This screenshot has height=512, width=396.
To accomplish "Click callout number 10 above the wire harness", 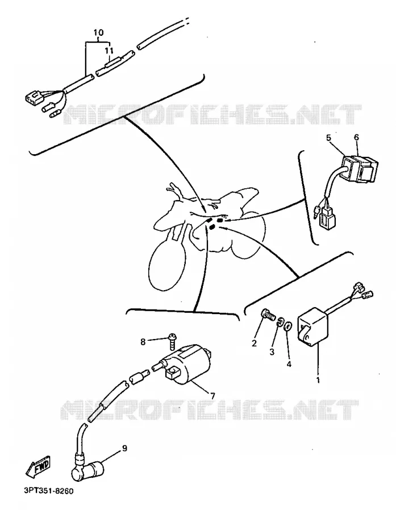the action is click(98, 32).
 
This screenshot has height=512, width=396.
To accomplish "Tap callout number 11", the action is click(109, 51).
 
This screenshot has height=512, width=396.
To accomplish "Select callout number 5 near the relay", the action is click(328, 138).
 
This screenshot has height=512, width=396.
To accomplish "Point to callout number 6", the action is click(356, 138).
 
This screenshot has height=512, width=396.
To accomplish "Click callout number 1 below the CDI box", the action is click(318, 380).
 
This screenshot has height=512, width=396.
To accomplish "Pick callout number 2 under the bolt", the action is click(254, 343).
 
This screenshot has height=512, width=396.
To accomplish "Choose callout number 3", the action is click(272, 352).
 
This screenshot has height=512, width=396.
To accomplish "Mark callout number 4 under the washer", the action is click(289, 364).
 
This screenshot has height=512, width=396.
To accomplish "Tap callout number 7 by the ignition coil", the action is click(212, 396).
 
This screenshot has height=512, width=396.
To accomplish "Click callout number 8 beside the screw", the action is click(143, 342).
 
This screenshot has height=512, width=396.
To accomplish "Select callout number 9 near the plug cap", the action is click(124, 448).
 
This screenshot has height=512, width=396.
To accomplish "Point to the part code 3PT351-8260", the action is click(49, 491).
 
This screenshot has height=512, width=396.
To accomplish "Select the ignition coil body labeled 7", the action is click(186, 363).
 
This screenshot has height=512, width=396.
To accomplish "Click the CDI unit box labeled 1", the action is click(312, 326).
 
